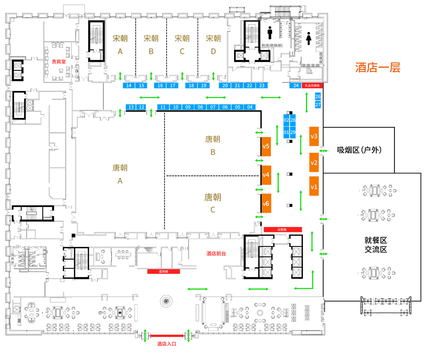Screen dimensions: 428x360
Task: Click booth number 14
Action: [129, 86]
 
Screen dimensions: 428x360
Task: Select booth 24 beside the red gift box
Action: [296, 86]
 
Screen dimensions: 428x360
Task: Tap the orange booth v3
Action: [314, 136]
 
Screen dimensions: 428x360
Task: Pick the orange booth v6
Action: [266, 203]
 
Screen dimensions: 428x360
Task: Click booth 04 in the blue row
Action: [250, 107]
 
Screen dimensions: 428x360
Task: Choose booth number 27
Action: [318, 104]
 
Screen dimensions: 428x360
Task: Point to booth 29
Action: [293, 132]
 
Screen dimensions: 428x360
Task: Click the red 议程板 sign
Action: [283, 230]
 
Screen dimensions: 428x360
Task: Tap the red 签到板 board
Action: [164, 272]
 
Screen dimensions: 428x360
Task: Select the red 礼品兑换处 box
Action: [312, 86]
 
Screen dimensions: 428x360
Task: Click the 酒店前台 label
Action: [216, 254]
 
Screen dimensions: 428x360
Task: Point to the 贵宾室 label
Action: [58, 61]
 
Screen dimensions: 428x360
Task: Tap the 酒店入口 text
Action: [167, 344]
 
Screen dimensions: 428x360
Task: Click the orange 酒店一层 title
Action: [378, 67]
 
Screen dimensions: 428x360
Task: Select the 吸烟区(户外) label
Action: [359, 150]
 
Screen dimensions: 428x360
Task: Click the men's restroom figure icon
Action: [270, 33]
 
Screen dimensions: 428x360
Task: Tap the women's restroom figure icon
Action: [309, 38]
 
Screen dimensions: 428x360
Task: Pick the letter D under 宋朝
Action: [213, 51]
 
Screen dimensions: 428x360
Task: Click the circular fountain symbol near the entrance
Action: [166, 301]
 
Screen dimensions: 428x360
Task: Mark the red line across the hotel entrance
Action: [167, 336]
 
